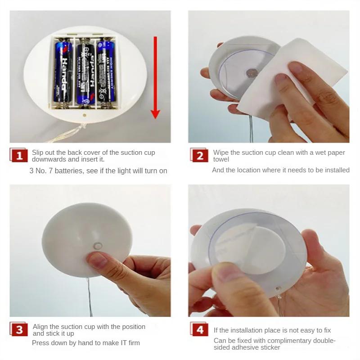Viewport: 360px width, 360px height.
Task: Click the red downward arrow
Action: (155, 77)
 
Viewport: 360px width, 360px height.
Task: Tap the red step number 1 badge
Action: (18, 155)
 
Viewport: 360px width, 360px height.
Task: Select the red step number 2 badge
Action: (199, 155)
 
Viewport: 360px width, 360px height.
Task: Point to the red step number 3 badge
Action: (18, 329)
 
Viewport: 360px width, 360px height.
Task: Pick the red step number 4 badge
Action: (199, 329)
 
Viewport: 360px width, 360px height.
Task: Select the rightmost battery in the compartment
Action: (106, 71)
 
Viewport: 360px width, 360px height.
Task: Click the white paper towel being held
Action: (292, 78)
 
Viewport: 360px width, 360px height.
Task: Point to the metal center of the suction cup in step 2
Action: (251, 73)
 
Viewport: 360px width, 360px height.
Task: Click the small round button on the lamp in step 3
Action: (98, 246)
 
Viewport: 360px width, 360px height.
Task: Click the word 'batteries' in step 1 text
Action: (69, 171)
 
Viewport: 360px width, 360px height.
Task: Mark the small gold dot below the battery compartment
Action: (85, 115)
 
